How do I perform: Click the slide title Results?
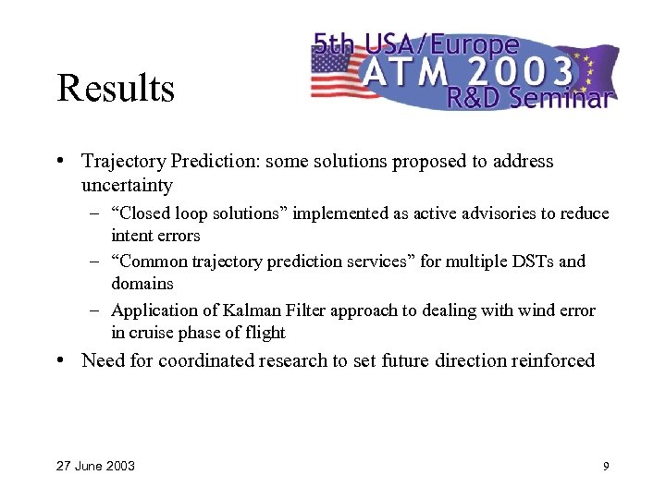[x=115, y=90]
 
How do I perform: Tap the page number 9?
[x=606, y=466]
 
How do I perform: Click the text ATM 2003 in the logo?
[x=466, y=68]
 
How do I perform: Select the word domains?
[x=142, y=284]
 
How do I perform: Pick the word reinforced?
[x=552, y=360]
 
